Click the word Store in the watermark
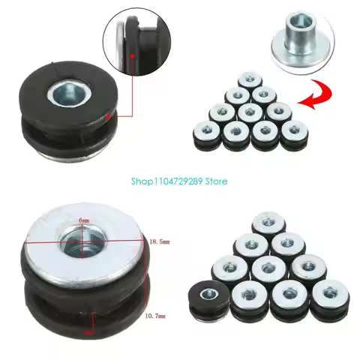point(213,181)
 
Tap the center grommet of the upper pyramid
point(247,112)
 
